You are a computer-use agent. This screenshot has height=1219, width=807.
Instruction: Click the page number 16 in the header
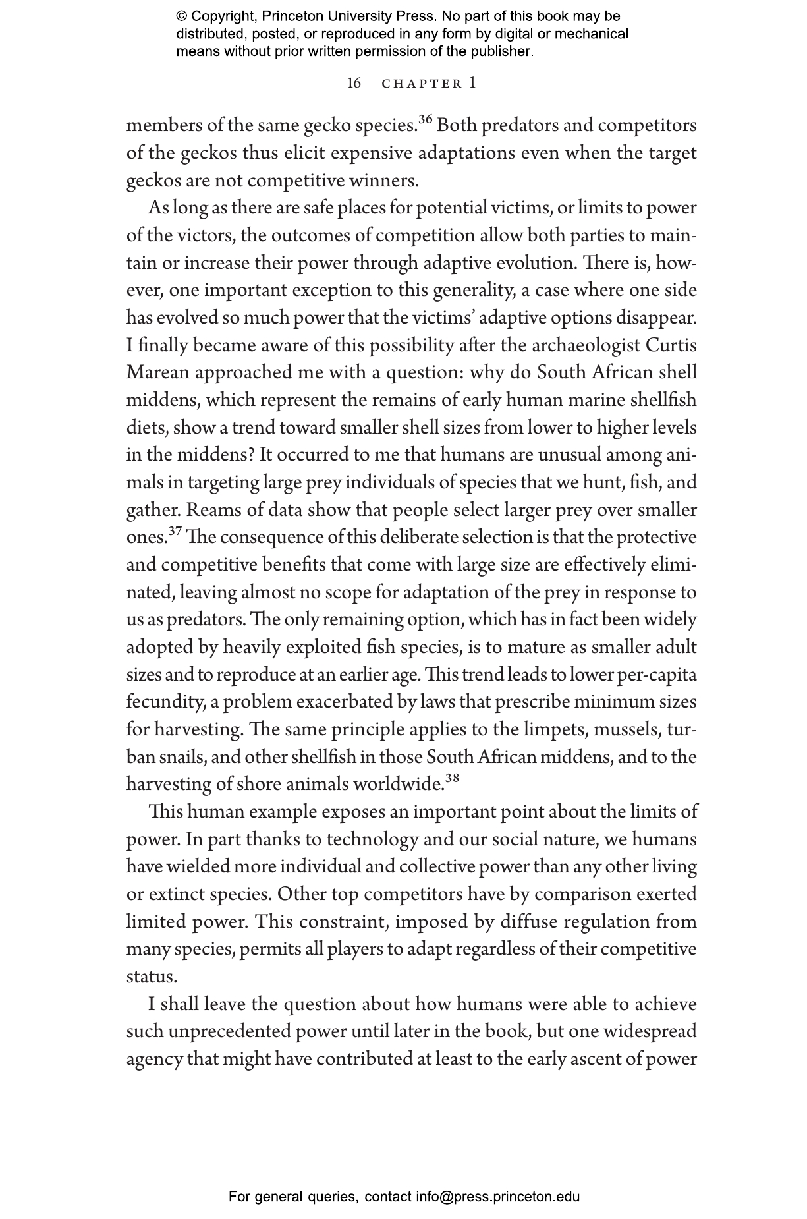pyautogui.click(x=354, y=84)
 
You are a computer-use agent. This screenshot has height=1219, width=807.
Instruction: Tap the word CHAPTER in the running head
pyautogui.click(x=422, y=84)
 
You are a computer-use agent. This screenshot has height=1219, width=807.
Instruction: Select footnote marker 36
pyautogui.click(x=425, y=119)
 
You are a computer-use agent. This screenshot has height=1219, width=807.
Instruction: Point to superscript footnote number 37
pyautogui.click(x=175, y=531)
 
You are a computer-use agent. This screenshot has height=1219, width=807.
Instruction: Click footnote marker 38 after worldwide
pyautogui.click(x=452, y=778)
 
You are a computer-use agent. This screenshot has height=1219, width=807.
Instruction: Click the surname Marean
pyautogui.click(x=157, y=372)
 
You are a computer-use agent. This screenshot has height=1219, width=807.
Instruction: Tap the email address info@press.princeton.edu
pyautogui.click(x=497, y=1197)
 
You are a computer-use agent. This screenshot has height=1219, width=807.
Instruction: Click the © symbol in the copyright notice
pyautogui.click(x=182, y=16)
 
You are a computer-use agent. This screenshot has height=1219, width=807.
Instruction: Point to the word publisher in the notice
pyautogui.click(x=502, y=51)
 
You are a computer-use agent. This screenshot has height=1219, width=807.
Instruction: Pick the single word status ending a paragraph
pyautogui.click(x=151, y=977)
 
